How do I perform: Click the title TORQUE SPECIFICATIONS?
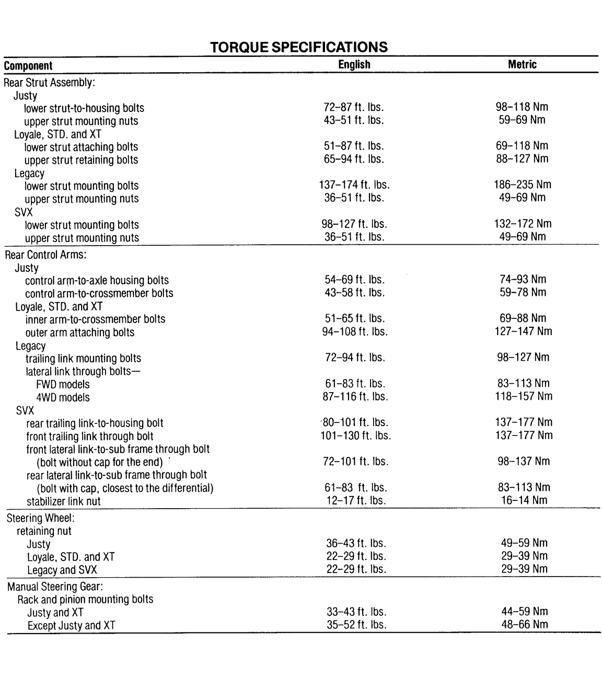coord(299,47)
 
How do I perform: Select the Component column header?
coord(28,66)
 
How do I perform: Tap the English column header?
coord(354,64)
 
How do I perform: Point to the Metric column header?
coord(522,64)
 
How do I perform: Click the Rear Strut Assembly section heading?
coord(49,83)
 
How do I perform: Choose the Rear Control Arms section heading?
coord(45,255)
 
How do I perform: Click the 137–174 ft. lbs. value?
coord(354,185)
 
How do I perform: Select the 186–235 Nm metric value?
coord(522,185)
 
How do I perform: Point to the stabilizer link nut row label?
coord(63,501)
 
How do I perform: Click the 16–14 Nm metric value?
coord(524,500)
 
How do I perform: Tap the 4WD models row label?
coord(63,397)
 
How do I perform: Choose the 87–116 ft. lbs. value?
coord(355,397)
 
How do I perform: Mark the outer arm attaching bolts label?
coord(79,332)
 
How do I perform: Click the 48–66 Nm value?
coord(524,624)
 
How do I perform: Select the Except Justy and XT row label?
coord(71,625)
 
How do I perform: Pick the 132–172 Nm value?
coord(523,224)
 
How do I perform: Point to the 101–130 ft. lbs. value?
coord(355,435)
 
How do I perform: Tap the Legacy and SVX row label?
coord(62,570)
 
